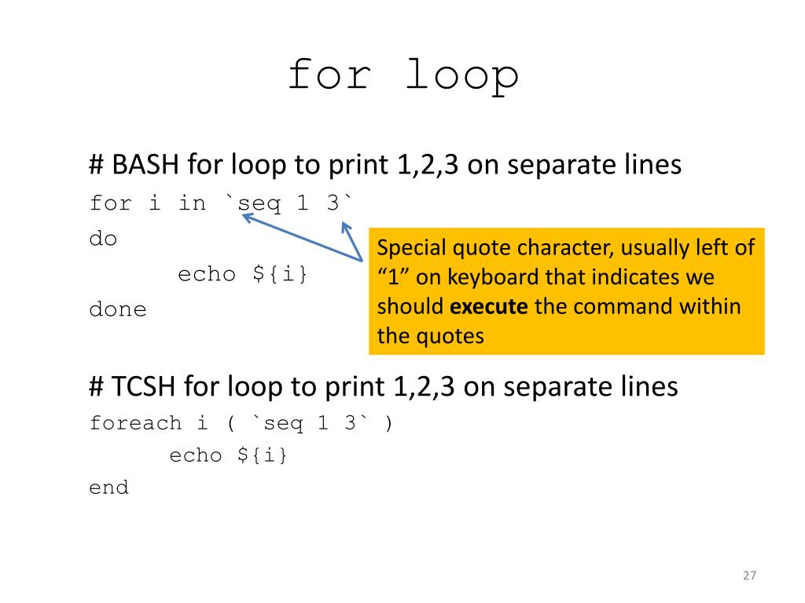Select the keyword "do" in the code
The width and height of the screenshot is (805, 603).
pos(103,239)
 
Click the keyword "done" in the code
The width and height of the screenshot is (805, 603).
pos(118,309)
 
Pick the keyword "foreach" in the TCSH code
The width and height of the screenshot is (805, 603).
pos(135,424)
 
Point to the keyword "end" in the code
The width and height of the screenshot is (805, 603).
pos(108,488)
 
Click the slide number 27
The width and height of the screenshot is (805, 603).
pos(748,576)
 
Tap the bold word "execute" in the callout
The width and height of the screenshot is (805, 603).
pos(491,306)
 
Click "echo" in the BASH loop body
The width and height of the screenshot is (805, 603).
pos(206,275)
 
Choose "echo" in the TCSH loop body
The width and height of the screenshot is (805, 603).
pos(197,456)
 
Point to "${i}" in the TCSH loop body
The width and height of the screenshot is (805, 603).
pos(263,456)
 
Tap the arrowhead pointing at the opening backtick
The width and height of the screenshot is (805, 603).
pos(246,217)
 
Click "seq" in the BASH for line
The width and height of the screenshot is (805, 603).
pos(259,204)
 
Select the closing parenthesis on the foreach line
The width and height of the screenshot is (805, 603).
pos(388,424)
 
